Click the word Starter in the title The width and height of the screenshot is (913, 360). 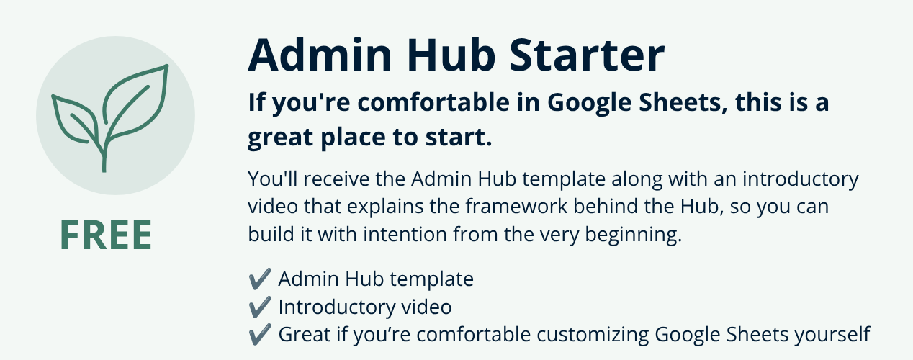click(x=587, y=55)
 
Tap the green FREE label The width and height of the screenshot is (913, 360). click(x=106, y=235)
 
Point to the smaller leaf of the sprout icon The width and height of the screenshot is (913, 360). click(x=76, y=119)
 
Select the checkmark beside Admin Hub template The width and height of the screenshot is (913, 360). click(x=260, y=279)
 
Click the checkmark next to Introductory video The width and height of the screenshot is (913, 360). click(x=260, y=307)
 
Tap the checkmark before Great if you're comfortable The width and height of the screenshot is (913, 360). click(x=260, y=335)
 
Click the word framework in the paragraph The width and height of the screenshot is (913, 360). click(x=516, y=207)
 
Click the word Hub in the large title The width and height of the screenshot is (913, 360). click(x=451, y=55)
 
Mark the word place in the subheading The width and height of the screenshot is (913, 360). click(x=353, y=138)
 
